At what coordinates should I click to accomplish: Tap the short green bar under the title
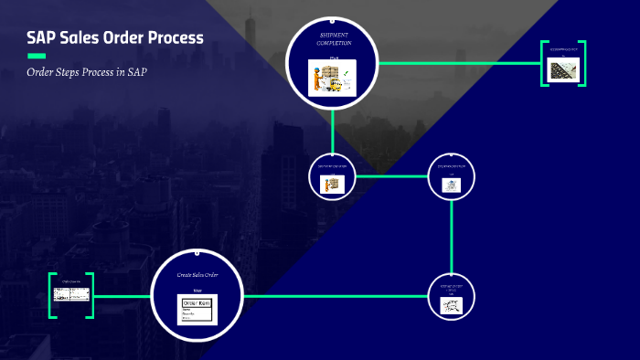pyautogui.click(x=36, y=56)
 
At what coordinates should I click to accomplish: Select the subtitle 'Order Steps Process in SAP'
pyautogui.click(x=87, y=72)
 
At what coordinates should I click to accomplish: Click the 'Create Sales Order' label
pyautogui.click(x=197, y=274)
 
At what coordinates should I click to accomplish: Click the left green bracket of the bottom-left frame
pyautogui.click(x=52, y=296)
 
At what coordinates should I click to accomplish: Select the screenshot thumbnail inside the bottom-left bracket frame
pyautogui.click(x=72, y=295)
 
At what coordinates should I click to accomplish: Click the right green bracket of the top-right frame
pyautogui.click(x=581, y=64)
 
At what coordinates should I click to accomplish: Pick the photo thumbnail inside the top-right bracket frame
pyautogui.click(x=562, y=69)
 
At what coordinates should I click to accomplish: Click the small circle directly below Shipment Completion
pyautogui.click(x=332, y=176)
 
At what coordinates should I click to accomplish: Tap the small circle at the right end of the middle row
pyautogui.click(x=452, y=176)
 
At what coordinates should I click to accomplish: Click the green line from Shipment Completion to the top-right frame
pyautogui.click(x=457, y=63)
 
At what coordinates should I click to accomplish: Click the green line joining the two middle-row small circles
pyautogui.click(x=391, y=176)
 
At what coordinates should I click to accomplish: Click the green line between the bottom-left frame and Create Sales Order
pyautogui.click(x=122, y=296)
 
